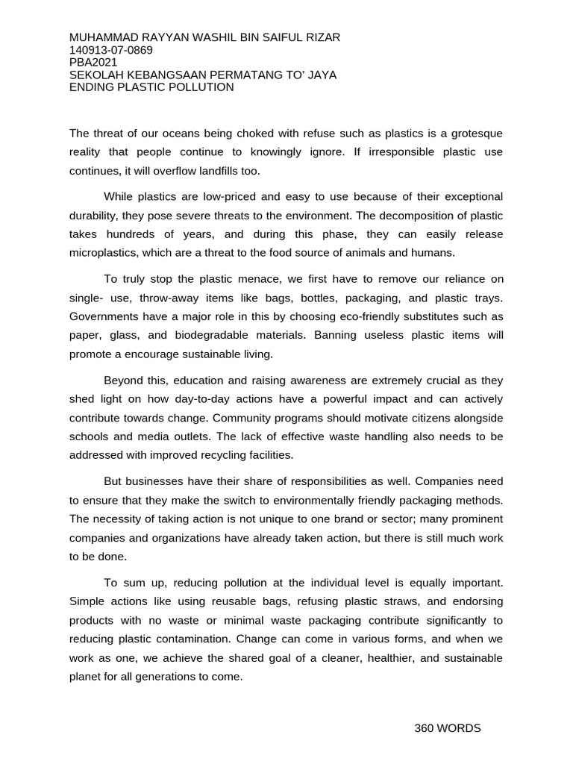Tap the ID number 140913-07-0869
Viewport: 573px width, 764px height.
(x=110, y=50)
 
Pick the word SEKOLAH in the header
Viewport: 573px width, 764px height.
(x=95, y=75)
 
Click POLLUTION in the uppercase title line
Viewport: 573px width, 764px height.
(x=202, y=87)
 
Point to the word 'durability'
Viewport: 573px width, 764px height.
(x=96, y=216)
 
